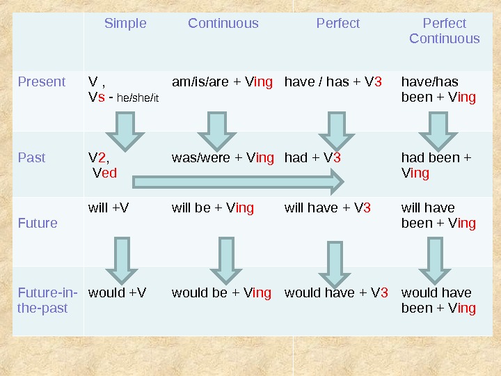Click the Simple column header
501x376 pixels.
pos(125,24)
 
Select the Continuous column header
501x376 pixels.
pos(223,24)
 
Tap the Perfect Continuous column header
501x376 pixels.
pos(444,31)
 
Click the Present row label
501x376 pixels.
pos(42,81)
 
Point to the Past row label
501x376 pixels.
pos(31,157)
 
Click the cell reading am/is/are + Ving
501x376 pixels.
pos(222,81)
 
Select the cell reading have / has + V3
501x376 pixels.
pos(333,81)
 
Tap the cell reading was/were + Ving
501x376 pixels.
pos(222,157)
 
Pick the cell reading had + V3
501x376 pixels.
pos(312,157)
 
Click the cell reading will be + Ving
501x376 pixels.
pos(212,207)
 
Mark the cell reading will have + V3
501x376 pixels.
pos(328,207)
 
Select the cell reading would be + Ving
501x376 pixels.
pos(221,292)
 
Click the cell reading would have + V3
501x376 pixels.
pos(336,292)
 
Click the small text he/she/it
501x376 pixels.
pos(138,98)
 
